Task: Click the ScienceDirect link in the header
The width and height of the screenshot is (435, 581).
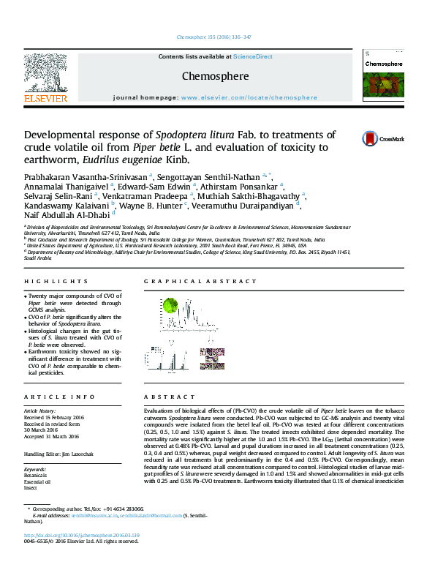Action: [x=253, y=56]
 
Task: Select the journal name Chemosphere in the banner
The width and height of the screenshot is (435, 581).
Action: [x=215, y=76]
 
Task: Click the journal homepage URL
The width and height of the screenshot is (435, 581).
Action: [x=249, y=97]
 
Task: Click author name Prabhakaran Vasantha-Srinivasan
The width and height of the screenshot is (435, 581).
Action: [x=86, y=176]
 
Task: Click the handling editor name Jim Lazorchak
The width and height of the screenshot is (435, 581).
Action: [x=79, y=454]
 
